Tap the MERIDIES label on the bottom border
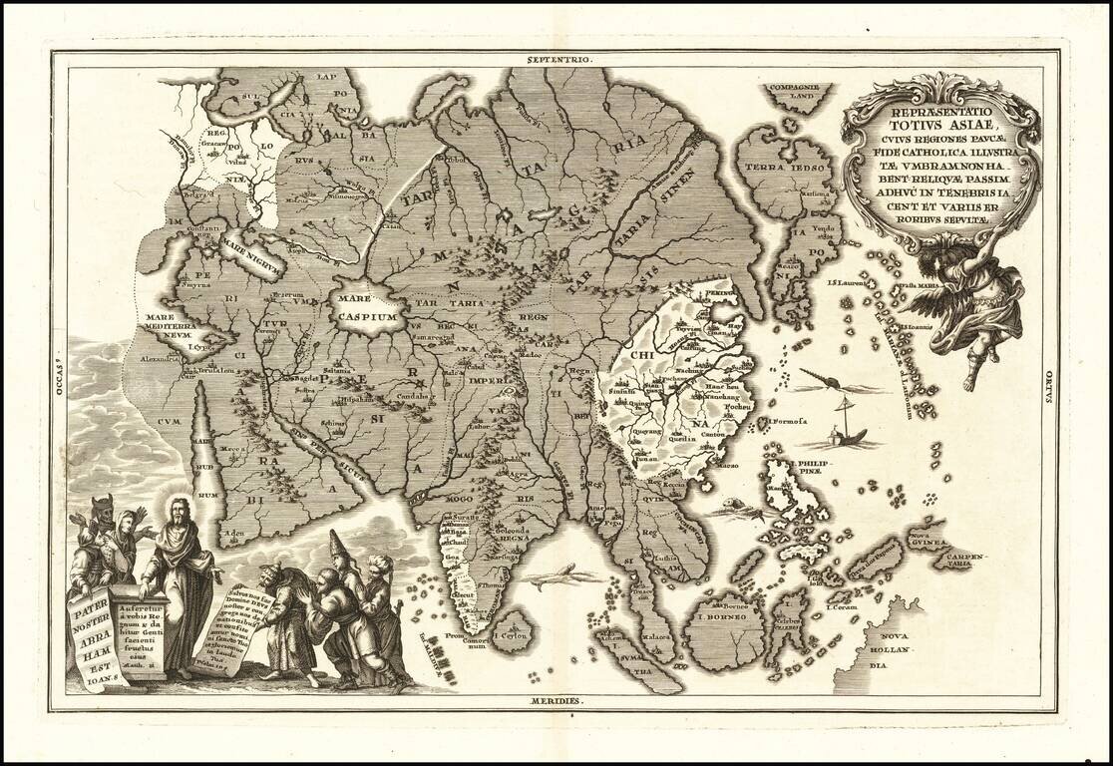[556, 701]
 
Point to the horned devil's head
[102, 511]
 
